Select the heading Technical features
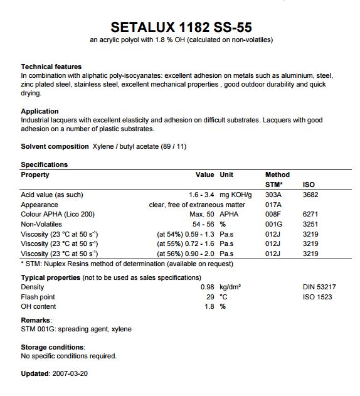(51, 67)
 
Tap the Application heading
(40, 111)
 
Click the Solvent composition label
(55, 146)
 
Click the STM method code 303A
(273, 195)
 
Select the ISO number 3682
(310, 195)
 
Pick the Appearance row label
(40, 205)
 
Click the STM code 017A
(273, 205)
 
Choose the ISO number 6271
(310, 215)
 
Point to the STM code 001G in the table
(273, 224)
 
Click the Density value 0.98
(207, 287)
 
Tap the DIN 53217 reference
(319, 287)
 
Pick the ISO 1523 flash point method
(317, 296)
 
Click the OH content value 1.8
(209, 306)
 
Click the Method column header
(278, 174)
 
